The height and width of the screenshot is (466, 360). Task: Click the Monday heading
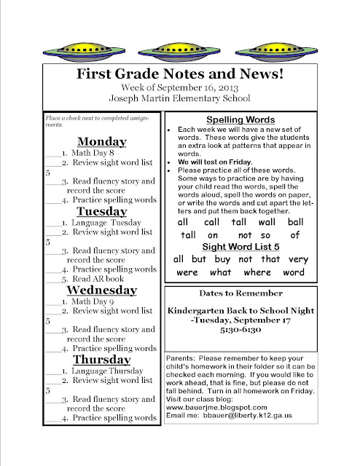pyautogui.click(x=102, y=141)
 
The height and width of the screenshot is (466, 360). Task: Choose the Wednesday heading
pyautogui.click(x=101, y=290)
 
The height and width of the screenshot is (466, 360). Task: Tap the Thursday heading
pyautogui.click(x=101, y=360)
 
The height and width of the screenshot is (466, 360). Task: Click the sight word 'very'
pyautogui.click(x=298, y=258)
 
